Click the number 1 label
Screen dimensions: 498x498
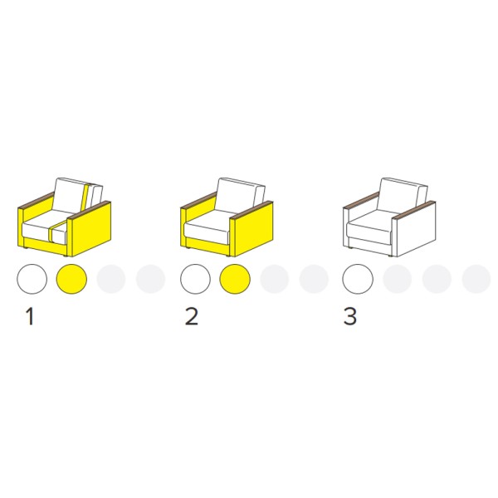[30, 316]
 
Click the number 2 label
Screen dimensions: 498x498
[192, 316]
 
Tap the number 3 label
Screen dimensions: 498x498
[350, 316]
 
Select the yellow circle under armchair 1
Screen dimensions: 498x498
[71, 279]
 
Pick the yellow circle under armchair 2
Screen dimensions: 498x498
[235, 279]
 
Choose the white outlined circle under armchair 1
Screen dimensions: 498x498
[32, 279]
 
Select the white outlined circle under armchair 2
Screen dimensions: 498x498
[195, 279]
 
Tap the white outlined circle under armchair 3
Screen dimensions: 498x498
[358, 279]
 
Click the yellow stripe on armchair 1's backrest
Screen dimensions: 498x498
[85, 198]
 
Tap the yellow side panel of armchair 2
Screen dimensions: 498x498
[253, 229]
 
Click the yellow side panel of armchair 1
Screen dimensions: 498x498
[91, 229]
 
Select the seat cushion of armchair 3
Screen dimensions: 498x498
[369, 225]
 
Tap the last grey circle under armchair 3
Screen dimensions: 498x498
[476, 279]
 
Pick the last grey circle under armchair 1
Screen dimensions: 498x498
[150, 279]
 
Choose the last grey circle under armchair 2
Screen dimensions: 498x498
[314, 279]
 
